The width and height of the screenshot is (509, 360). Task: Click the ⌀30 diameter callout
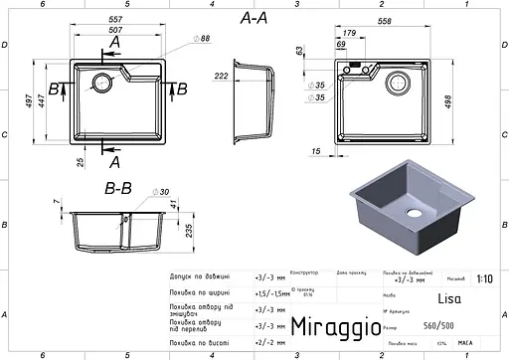coord(162,193)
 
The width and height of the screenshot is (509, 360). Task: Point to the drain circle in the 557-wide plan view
coord(101,82)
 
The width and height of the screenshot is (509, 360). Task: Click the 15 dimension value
coord(314,150)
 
